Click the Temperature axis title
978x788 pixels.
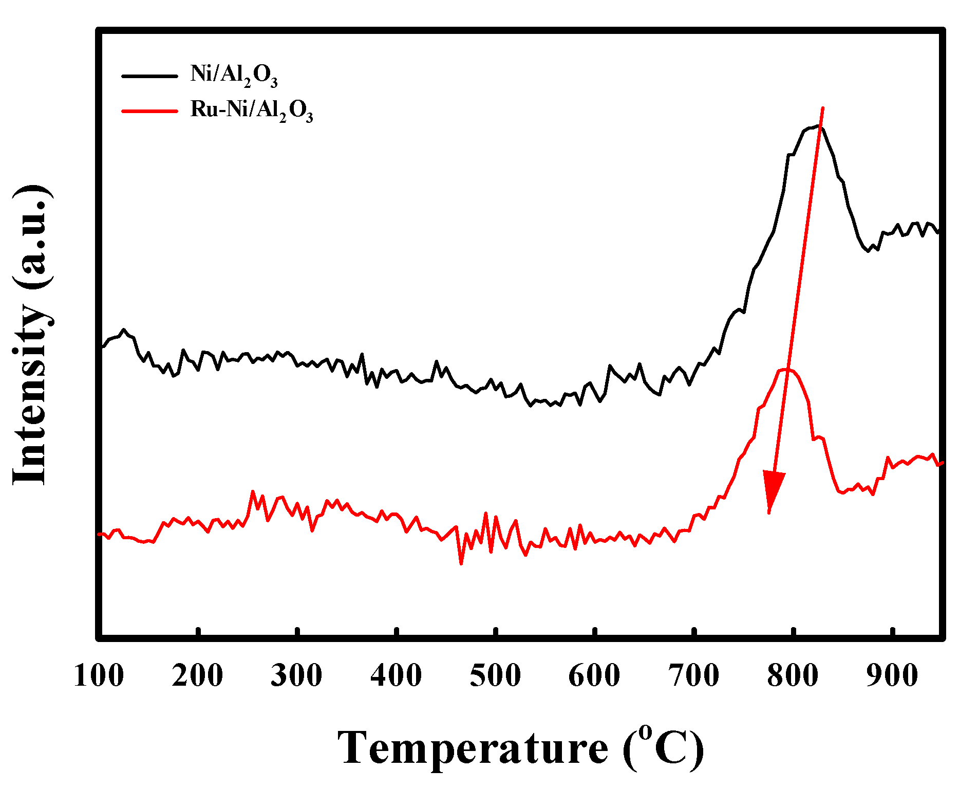click(x=520, y=748)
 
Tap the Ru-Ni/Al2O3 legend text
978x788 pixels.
click(x=252, y=111)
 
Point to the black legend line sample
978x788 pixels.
click(x=149, y=76)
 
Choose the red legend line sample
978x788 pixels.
click(x=149, y=111)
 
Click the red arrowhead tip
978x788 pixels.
click(x=769, y=512)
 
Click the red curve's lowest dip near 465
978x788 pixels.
click(x=461, y=564)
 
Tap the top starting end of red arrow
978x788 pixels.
click(x=823, y=108)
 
